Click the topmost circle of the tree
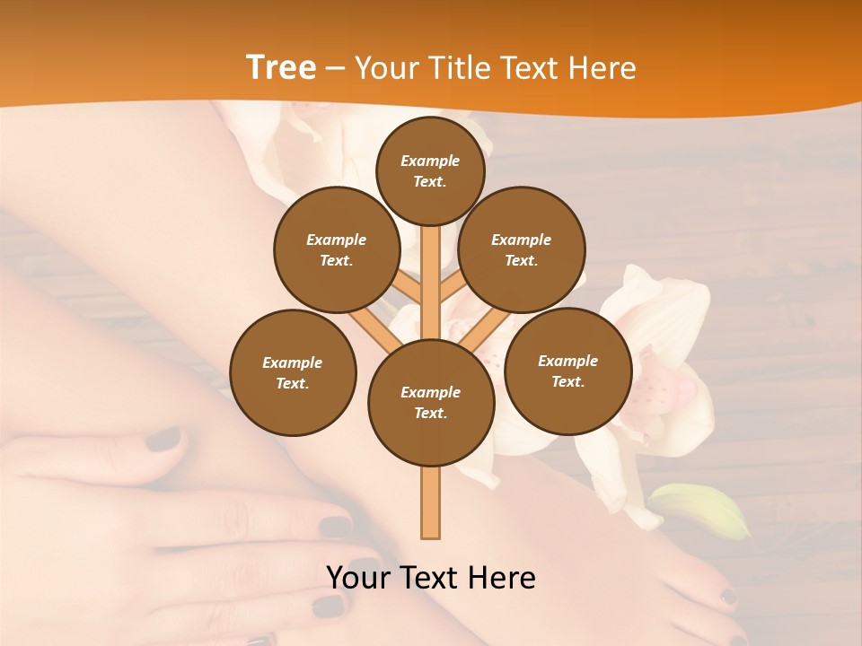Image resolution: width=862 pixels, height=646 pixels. [x=430, y=170]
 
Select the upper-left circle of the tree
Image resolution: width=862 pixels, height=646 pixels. [x=337, y=249]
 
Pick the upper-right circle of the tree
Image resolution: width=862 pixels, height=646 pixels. [x=522, y=249]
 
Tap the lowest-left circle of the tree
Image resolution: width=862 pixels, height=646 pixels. [x=293, y=372]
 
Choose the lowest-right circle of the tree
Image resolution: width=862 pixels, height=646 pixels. [x=567, y=371]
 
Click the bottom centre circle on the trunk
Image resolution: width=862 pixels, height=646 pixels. [x=431, y=402]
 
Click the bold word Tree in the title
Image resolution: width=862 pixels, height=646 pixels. [x=280, y=67]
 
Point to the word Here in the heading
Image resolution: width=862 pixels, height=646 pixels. [x=603, y=67]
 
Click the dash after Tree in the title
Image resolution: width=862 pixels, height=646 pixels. [x=335, y=69]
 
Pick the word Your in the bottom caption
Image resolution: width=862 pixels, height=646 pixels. [x=354, y=578]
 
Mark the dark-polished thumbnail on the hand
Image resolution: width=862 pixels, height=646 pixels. [x=163, y=440]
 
